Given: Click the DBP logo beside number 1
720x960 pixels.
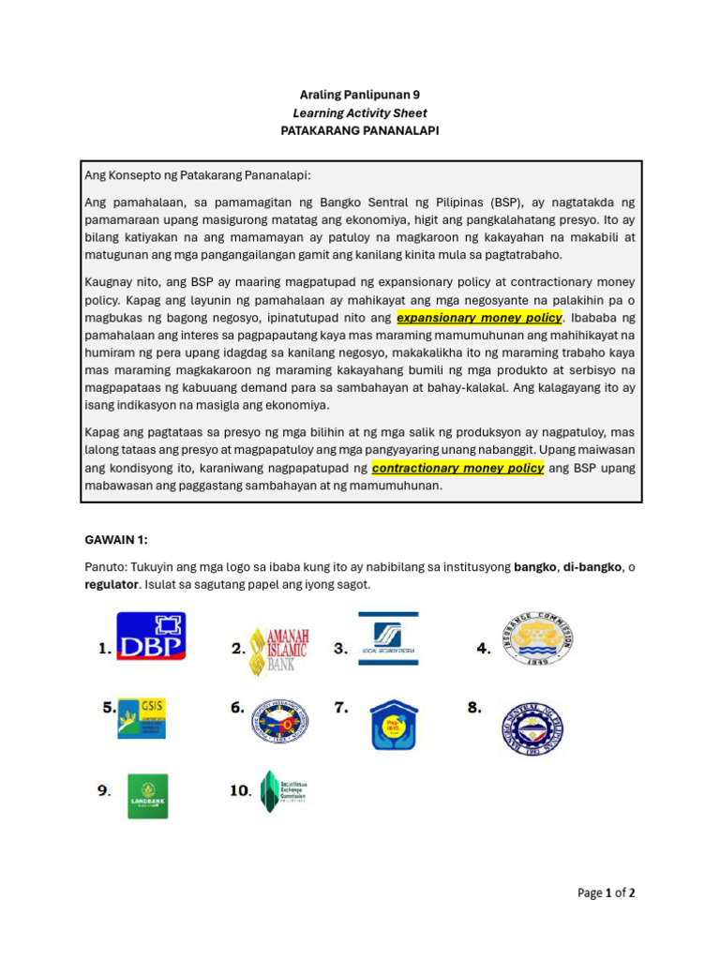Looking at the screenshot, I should point(151,637).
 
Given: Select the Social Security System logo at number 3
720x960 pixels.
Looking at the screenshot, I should point(388,638).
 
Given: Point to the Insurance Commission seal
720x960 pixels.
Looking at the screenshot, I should point(537,640).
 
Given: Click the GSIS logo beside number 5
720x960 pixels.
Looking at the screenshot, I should point(142,717).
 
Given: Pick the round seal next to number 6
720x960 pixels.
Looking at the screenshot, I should point(279,721).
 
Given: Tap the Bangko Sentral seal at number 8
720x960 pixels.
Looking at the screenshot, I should point(532,728).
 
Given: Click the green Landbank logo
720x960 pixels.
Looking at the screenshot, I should point(148,796).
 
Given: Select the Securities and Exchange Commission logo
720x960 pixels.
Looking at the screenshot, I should point(284,790).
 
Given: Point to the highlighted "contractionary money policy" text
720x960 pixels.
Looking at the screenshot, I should point(457,468).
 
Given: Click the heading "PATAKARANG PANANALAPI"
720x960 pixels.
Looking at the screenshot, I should point(360,131).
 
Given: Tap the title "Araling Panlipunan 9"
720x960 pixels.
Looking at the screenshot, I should point(360,95).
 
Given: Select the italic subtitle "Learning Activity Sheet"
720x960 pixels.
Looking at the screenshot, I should point(360,113).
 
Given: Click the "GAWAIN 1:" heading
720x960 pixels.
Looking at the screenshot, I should point(116,539).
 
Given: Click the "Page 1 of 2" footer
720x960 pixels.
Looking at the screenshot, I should point(606,893).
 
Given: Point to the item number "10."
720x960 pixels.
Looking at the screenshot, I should point(241,790).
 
